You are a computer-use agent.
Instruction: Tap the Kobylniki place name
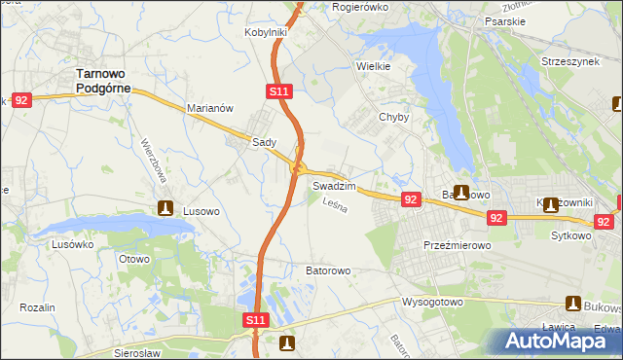point(265,32)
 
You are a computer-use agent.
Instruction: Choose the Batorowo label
point(328,270)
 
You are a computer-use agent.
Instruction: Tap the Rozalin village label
point(37,307)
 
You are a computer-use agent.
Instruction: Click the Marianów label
point(210,108)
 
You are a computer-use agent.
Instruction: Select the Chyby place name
point(393,117)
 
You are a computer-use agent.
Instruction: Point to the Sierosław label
point(136,353)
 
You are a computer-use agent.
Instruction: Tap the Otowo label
point(133,259)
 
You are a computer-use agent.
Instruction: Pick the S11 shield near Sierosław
point(255,319)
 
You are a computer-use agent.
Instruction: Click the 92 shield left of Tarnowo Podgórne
point(23,99)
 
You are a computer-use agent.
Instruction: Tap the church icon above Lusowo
point(166,207)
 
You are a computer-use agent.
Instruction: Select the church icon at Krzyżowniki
point(551,203)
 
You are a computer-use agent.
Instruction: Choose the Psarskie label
point(504,18)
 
